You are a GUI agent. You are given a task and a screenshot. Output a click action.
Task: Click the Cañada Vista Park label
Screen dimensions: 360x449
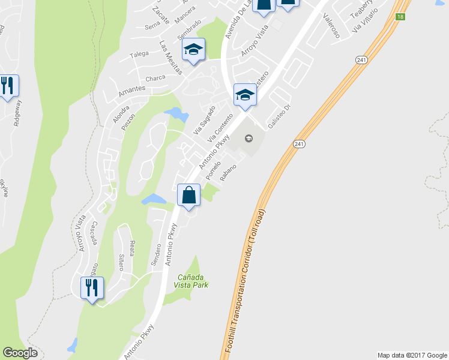(x=193, y=281)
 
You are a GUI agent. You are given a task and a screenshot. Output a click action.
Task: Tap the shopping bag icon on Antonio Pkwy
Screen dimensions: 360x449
(x=188, y=196)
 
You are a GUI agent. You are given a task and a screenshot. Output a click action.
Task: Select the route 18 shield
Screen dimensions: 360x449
(x=400, y=17)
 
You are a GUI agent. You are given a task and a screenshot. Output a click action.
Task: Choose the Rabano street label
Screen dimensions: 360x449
(x=229, y=173)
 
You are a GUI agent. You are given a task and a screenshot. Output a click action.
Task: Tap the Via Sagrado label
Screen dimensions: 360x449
(x=204, y=119)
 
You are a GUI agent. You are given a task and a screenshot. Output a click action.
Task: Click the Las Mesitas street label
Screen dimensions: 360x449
(x=171, y=58)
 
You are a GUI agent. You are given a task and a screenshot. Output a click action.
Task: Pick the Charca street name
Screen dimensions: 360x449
(x=155, y=78)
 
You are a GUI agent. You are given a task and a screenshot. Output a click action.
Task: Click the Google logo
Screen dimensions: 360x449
(x=20, y=353)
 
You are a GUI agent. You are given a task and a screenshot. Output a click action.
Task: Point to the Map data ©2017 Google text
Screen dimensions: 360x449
(x=412, y=355)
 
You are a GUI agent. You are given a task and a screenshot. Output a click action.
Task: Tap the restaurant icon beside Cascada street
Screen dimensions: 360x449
(x=92, y=289)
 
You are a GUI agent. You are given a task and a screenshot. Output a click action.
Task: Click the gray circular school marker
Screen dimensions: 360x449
(x=249, y=139)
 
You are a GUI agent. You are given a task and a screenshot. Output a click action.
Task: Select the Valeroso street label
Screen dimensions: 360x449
(x=331, y=26)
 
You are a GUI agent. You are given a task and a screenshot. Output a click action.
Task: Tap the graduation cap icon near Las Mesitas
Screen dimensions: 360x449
(x=193, y=50)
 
